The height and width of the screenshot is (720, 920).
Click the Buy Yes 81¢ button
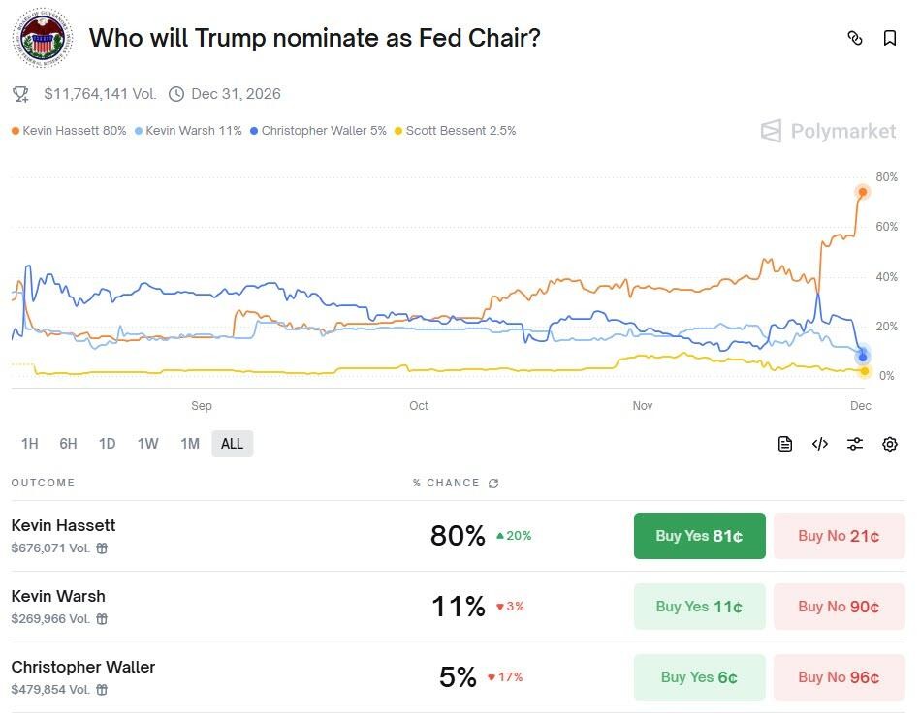click(699, 536)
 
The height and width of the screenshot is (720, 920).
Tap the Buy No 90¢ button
click(839, 607)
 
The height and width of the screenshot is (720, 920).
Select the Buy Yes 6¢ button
click(699, 677)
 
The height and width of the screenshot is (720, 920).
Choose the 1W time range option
click(147, 444)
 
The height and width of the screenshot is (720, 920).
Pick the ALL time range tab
click(233, 444)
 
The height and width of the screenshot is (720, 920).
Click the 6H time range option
click(68, 444)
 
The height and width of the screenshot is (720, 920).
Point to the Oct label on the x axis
click(419, 406)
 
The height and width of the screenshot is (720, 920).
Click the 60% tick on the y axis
click(886, 227)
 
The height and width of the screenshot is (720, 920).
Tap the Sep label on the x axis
click(202, 406)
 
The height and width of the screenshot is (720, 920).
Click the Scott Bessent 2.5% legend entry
click(456, 130)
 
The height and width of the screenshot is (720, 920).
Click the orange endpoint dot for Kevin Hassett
click(862, 192)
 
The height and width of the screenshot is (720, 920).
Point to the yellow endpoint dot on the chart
click(865, 371)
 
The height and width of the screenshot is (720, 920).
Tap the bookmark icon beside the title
click(889, 38)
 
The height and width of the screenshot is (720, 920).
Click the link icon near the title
click(854, 38)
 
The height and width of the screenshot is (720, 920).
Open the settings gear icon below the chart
click(889, 444)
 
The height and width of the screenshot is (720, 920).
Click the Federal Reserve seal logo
click(42, 39)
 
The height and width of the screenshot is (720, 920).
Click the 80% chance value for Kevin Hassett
click(458, 536)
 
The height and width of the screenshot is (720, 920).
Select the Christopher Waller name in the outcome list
click(83, 667)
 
